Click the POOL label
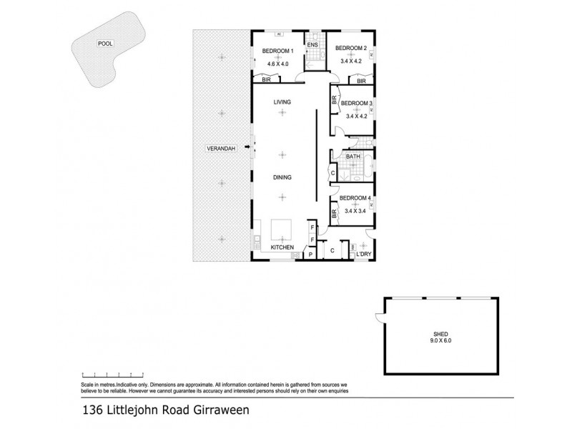coord(105,44)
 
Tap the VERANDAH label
coord(221,148)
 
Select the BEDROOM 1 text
coord(277,51)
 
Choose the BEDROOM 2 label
coord(351,48)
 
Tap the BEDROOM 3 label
coord(357,104)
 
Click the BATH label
coord(352,157)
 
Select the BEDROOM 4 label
coord(355,198)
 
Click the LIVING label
coord(283,103)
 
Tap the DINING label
coord(283,177)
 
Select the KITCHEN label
coord(282,247)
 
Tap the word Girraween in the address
coord(216,411)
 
